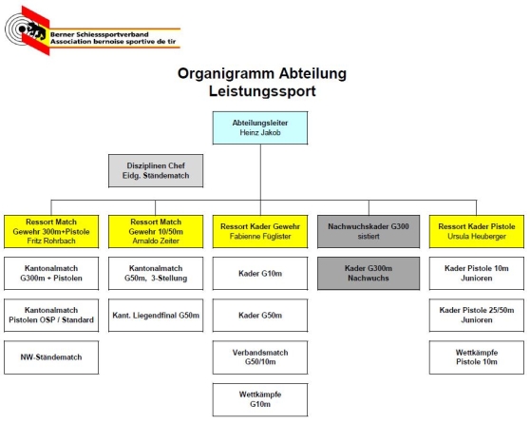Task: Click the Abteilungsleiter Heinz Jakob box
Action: [x=260, y=127]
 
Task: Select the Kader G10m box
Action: [x=260, y=275]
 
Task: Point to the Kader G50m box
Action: [x=260, y=315]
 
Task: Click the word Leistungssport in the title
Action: [x=263, y=91]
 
